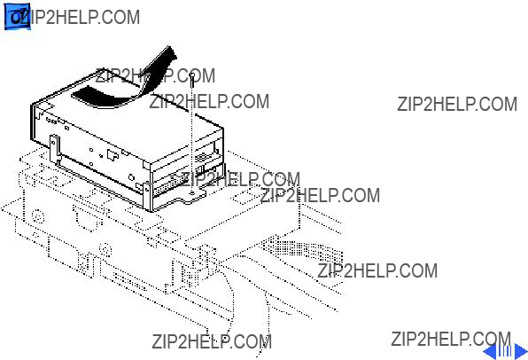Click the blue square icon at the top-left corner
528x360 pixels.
point(17,17)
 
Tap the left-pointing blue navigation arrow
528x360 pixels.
point(491,351)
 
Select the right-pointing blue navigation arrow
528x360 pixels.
point(521,351)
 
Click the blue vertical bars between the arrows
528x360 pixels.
point(506,351)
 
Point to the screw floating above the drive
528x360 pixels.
point(192,79)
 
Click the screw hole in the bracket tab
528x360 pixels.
point(192,193)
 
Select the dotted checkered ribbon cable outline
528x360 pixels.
point(303,249)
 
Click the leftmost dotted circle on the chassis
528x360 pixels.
point(38,216)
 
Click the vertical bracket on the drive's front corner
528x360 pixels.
point(148,197)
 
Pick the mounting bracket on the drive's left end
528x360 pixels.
point(55,149)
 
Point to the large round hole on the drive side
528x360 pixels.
point(131,178)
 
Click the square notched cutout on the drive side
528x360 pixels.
point(112,154)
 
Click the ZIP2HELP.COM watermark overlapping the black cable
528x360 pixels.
point(155,76)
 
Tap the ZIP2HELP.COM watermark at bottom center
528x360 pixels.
point(212,341)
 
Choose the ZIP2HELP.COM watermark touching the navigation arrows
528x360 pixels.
point(451,339)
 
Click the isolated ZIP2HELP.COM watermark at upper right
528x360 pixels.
point(457,104)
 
